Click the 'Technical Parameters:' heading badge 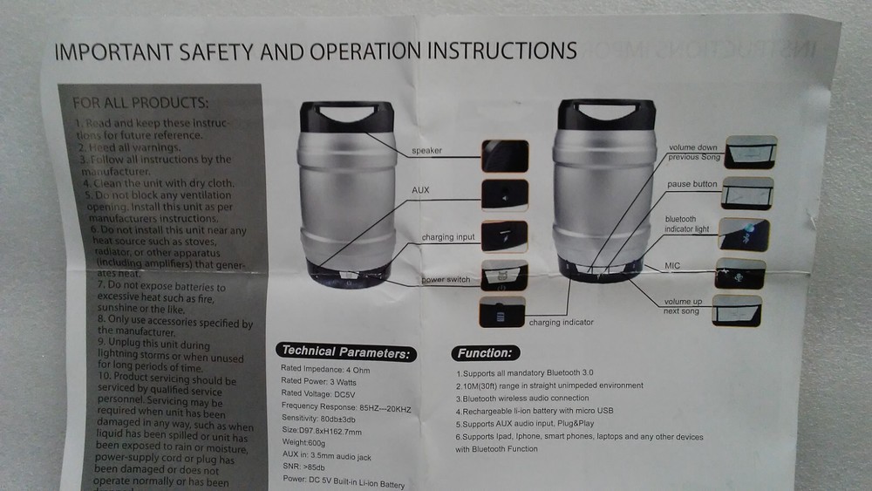click(346, 353)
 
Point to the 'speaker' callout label click(427, 151)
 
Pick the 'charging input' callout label click(448, 237)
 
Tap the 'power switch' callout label click(446, 280)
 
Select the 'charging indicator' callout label click(561, 323)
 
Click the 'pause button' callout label click(691, 185)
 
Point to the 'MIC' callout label click(672, 265)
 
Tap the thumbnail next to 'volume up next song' click(736, 310)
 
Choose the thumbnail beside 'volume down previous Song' click(751, 152)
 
